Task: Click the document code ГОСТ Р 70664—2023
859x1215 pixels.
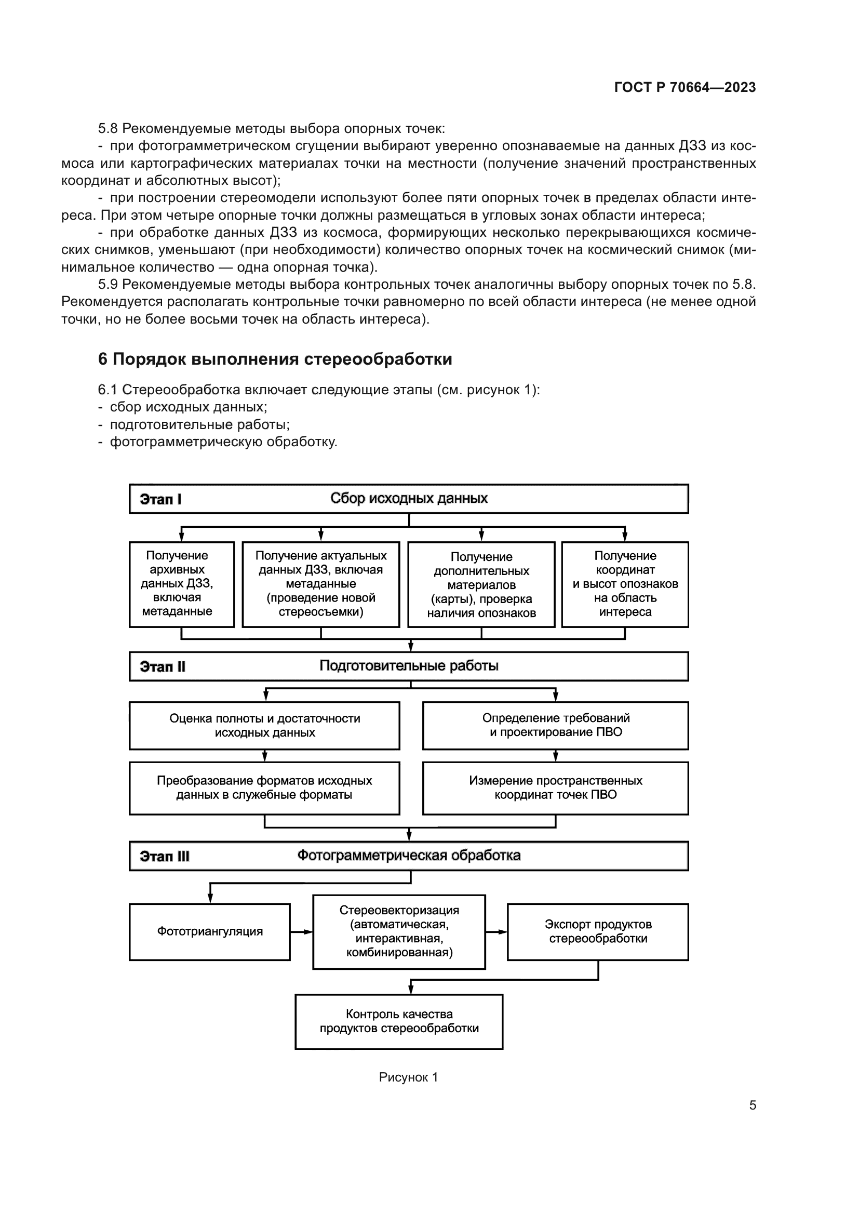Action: pos(684,87)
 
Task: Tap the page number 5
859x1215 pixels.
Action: pos(752,1105)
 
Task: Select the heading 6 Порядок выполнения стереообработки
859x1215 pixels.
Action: pos(275,359)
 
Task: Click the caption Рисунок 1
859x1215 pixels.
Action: pos(408,1077)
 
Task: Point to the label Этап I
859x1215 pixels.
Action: pos(160,499)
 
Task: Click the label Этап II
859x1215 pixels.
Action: pos(163,666)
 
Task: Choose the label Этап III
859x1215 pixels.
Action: pos(165,856)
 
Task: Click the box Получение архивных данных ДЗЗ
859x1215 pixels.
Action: pos(181,584)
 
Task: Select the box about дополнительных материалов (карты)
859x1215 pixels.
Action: pos(481,584)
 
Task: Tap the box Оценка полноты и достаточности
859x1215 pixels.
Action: pos(264,726)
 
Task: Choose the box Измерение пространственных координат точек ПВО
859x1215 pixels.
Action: pos(555,788)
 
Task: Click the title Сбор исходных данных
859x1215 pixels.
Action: pos(408,499)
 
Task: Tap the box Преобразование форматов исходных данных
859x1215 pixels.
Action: pos(264,788)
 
